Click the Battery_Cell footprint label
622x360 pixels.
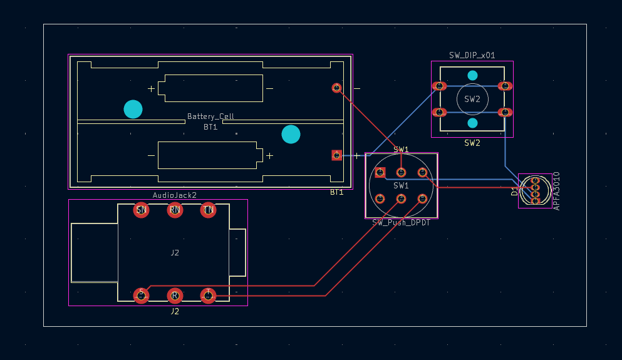pos(210,116)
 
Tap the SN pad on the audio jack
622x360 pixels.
pos(142,210)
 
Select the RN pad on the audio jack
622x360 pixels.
pos(175,210)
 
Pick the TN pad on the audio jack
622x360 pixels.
pos(208,210)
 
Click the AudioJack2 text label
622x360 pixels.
pos(175,195)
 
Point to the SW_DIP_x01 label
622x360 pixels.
pos(472,55)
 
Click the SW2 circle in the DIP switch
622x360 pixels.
pos(472,99)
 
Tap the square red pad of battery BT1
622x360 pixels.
pos(336,155)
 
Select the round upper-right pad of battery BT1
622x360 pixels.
pos(336,88)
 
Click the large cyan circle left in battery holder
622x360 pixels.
pos(133,110)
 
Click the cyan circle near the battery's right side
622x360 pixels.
pos(291,134)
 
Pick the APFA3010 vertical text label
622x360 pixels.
pos(556,191)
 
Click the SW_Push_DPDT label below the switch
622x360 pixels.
pos(401,223)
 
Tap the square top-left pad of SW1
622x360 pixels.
pos(380,172)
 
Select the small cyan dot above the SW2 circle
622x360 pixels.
pos(472,75)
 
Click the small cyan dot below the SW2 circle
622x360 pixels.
pos(472,123)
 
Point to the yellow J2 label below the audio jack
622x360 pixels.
pos(175,311)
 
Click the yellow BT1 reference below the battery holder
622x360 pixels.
pos(336,192)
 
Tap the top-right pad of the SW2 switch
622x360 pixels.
pos(505,86)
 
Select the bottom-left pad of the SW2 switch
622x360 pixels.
pos(439,113)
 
